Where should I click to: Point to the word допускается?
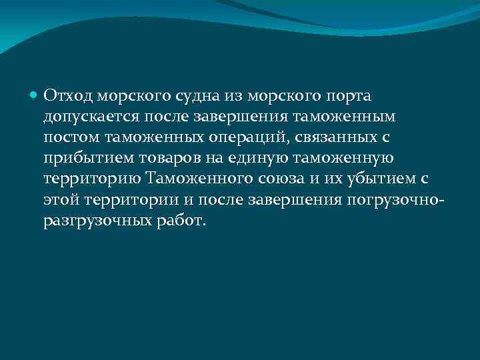[91, 117]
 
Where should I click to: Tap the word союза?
[277, 179]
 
